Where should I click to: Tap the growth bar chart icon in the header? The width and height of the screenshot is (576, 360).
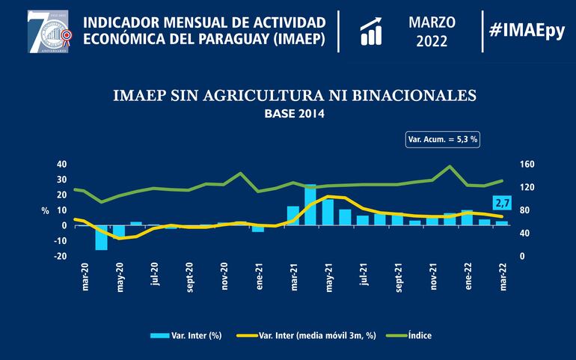372,31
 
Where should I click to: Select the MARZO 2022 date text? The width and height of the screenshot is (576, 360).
432,30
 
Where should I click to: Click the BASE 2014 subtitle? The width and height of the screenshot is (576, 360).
295,115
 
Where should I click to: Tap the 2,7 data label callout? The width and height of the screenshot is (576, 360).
502,202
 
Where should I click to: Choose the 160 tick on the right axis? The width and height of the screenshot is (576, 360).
527,164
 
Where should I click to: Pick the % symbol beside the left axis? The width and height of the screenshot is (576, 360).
45,210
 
